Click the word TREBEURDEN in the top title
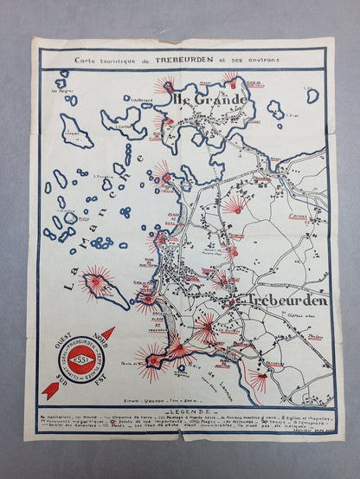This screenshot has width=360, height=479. click(202, 59)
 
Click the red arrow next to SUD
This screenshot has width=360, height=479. click(49, 391)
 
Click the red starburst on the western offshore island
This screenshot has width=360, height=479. click(97, 280)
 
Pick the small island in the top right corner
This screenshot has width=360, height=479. click(312, 94)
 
